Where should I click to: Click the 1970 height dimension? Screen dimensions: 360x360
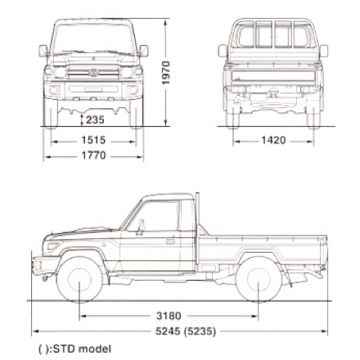pyautogui.click(x=166, y=73)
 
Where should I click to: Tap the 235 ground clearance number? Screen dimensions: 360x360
pyautogui.click(x=95, y=119)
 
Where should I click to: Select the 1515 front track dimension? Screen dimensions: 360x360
pyautogui.click(x=93, y=140)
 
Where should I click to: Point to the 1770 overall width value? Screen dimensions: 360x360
pyautogui.click(x=93, y=155)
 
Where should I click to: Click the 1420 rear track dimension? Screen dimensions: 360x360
pyautogui.click(x=273, y=140)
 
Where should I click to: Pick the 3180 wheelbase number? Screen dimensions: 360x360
pyautogui.click(x=169, y=316)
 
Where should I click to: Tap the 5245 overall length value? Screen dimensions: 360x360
pyautogui.click(x=168, y=331)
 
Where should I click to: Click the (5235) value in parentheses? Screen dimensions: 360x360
pyautogui.click(x=200, y=331)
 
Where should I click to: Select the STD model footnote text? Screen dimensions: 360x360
pyautogui.click(x=75, y=349)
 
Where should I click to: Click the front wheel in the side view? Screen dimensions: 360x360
pyautogui.click(x=79, y=280)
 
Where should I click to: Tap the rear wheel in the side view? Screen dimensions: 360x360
pyautogui.click(x=259, y=280)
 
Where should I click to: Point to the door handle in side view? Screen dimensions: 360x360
pyautogui.click(x=170, y=241)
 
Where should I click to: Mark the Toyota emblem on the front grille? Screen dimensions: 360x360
pyautogui.click(x=93, y=73)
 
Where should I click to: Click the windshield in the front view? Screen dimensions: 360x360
pyautogui.click(x=93, y=39)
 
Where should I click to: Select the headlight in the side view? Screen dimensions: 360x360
pyautogui.click(x=54, y=245)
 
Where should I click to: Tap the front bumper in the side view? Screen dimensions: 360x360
pyautogui.click(x=45, y=265)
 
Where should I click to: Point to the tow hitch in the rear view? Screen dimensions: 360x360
pyautogui.click(x=272, y=94)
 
